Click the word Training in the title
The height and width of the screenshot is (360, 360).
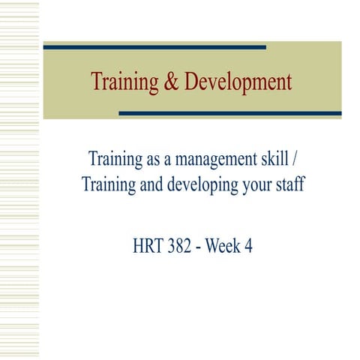pyautogui.click(x=120, y=82)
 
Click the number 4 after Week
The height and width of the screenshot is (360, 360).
pyautogui.click(x=248, y=246)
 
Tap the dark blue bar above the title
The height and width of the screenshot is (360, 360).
pyautogui.click(x=154, y=46)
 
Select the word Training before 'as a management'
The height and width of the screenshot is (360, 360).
pyautogui.click(x=113, y=159)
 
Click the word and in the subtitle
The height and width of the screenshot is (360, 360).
pyautogui.click(x=152, y=184)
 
